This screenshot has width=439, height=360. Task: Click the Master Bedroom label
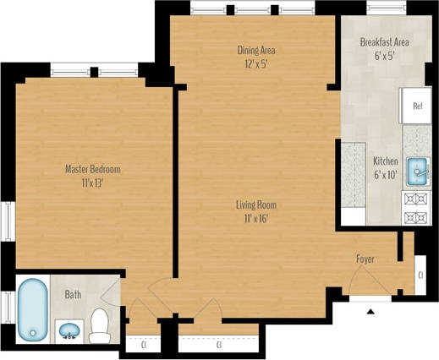92,169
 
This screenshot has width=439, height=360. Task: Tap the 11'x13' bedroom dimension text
92,183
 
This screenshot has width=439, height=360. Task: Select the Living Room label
255,205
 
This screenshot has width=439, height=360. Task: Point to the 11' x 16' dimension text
255,218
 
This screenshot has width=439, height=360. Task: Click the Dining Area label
255,50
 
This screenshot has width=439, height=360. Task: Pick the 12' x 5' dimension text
255,63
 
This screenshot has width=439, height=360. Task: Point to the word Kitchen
386,161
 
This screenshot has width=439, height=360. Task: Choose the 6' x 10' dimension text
386,174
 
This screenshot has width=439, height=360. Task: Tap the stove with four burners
416,207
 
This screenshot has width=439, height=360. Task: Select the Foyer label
365,259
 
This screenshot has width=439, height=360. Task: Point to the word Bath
73,295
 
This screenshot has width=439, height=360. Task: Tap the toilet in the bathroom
100,325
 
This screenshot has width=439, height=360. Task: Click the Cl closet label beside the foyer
420,276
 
